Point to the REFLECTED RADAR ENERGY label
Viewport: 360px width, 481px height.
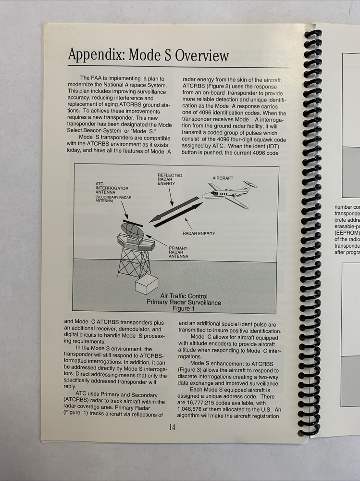tap(170, 179)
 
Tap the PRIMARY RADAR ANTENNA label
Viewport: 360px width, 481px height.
tap(178, 253)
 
